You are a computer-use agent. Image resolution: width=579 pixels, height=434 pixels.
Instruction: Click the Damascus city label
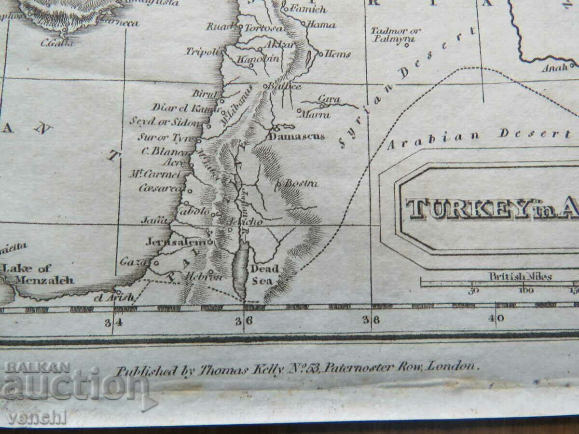297,136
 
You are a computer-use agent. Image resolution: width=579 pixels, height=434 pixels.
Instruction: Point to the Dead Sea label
264,275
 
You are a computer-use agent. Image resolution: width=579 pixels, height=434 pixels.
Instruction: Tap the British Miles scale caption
520,277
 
